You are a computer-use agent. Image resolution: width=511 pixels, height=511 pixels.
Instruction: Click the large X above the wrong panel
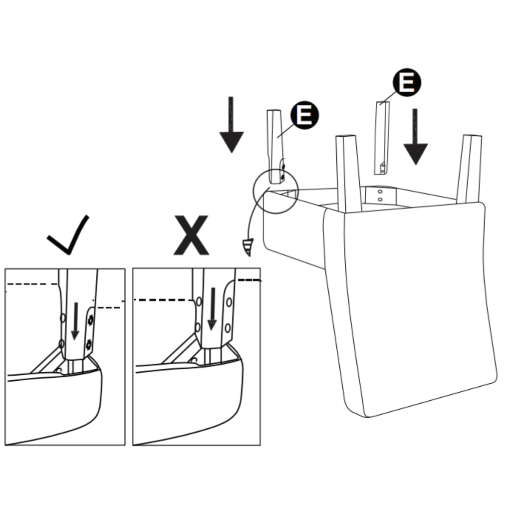click(x=191, y=236)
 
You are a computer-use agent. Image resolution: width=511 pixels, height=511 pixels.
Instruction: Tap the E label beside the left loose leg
click(x=304, y=115)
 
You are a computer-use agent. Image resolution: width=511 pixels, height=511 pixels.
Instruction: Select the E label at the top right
click(x=407, y=82)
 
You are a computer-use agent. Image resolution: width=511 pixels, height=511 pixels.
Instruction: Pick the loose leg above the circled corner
click(x=275, y=145)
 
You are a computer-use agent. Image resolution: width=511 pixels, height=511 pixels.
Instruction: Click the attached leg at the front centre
click(x=348, y=172)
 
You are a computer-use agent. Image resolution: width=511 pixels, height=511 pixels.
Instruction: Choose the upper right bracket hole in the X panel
click(x=229, y=302)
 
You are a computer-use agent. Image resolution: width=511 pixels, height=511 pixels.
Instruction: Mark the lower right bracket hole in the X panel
click(x=228, y=327)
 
